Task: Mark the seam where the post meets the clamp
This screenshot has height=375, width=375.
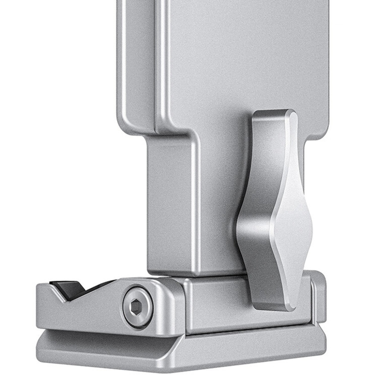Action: click(195, 276)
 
